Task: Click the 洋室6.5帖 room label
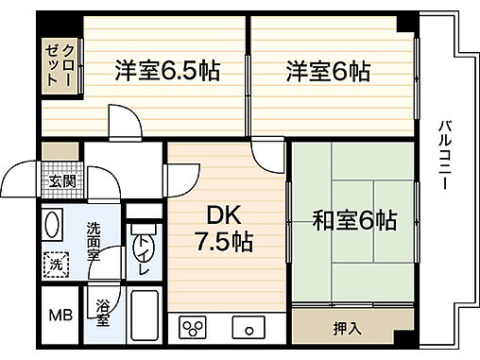[x=166, y=70]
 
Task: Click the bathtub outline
[x=145, y=317]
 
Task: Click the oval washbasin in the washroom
[x=52, y=230]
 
